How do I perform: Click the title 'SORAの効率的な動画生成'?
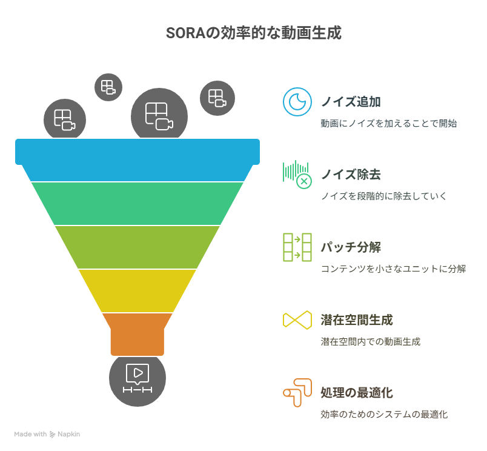point(253,33)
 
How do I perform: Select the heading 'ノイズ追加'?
point(351,102)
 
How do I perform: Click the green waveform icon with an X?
point(297,175)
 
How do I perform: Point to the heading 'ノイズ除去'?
point(351,174)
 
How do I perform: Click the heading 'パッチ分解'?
point(351,247)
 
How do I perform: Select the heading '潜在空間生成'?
point(357,320)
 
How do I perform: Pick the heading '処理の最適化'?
point(357,393)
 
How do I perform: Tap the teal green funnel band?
point(137,204)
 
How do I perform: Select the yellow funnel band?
point(137,290)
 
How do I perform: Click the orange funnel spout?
point(137,335)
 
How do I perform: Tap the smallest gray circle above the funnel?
point(108,87)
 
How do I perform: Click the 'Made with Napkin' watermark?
point(47,434)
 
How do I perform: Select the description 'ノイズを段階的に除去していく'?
point(383,196)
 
